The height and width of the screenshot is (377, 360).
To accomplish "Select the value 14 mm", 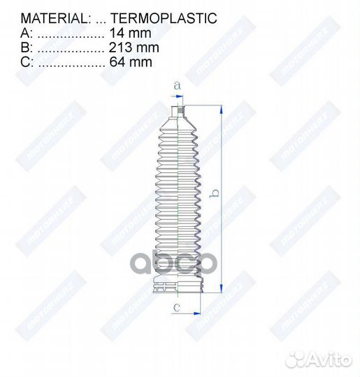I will pos(131,34).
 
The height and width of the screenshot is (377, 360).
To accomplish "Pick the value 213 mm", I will pos(134,47).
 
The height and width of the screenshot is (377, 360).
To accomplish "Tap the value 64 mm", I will pos(131,62).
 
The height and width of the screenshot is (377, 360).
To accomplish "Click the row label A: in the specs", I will pos(26,34).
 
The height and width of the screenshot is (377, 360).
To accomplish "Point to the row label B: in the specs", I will pos(26,47).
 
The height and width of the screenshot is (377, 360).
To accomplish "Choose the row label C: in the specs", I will pos(26,62).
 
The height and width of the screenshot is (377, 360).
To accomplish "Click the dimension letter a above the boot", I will pos(177,85).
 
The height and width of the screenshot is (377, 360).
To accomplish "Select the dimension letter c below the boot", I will pos(177,306).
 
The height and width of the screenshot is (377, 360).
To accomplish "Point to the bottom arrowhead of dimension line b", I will pos(222,287).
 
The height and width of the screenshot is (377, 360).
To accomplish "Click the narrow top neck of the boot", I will pos(177,111).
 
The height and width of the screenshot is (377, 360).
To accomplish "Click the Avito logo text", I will pos(329,359).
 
